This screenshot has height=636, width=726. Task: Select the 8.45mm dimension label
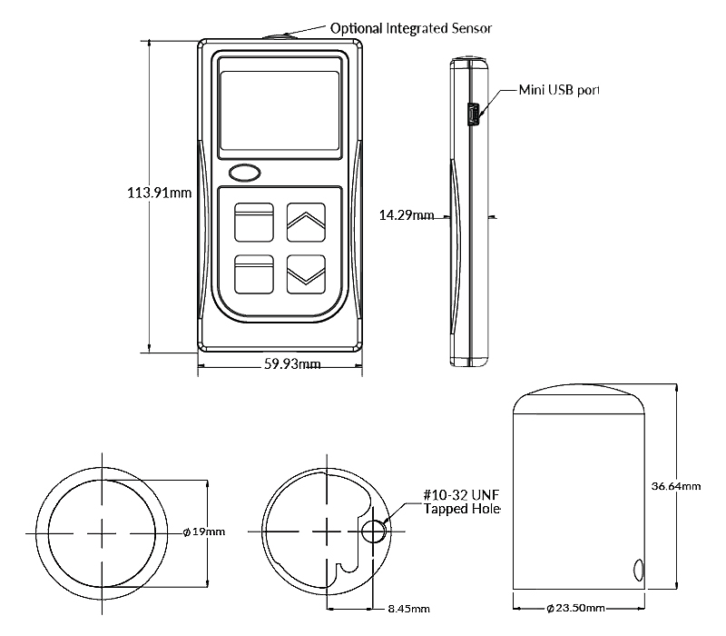tap(408, 609)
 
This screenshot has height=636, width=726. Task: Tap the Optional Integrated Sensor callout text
tap(411, 28)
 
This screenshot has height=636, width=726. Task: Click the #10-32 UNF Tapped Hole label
tap(462, 502)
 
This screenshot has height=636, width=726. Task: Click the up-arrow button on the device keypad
tap(306, 221)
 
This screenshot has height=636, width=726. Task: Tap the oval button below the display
tap(244, 172)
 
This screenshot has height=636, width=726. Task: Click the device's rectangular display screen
tap(280, 109)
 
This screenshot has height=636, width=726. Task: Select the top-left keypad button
tap(254, 221)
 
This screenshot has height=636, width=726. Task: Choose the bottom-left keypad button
tap(254, 273)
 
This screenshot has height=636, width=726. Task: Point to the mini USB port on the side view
tap(473, 114)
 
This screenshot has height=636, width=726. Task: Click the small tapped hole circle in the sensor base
tap(373, 532)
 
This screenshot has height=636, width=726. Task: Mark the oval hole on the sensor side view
tap(637, 571)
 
